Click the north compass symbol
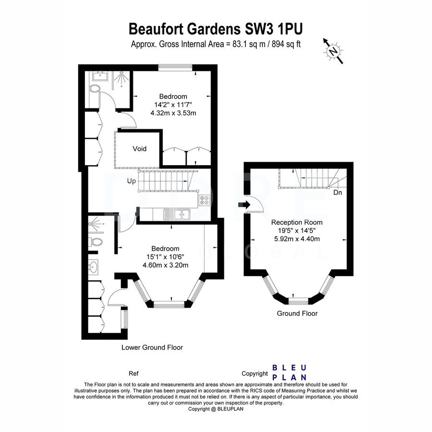pos(333,51)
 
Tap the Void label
pos(139,149)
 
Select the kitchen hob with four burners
pos(204,200)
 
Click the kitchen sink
pos(177,215)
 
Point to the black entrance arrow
pos(244,204)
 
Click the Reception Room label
pos(297,222)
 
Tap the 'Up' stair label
pos(131,181)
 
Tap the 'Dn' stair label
pos(337,192)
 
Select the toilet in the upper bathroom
pos(95,88)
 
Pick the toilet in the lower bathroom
pos(96,242)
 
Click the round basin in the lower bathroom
pos(94,267)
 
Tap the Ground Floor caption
pos(297,313)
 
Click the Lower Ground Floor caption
pos(152,348)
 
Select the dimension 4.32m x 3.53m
pos(173,113)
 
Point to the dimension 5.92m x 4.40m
pos(297,239)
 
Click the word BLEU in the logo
pos(289,368)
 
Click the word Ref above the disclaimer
pos(133,373)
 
